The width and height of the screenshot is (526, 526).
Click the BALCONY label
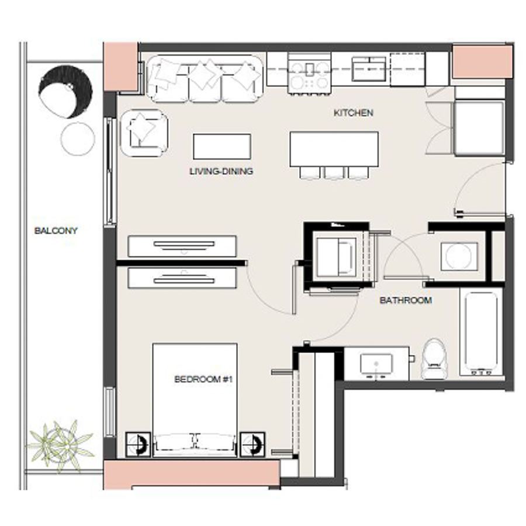pos(56,230)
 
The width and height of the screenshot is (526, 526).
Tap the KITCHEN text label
pos(353,113)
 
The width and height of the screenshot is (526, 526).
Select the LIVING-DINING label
pos(221,172)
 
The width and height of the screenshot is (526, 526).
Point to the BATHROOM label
pos(406,300)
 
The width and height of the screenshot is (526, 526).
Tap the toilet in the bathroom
pos(433,359)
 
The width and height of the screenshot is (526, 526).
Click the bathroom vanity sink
pos(376,364)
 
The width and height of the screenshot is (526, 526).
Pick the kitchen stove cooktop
pos(310,74)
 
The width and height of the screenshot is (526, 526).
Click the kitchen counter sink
pos(368,69)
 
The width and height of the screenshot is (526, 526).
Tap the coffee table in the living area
pos(222,146)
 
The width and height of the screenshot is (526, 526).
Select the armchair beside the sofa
pos(143,134)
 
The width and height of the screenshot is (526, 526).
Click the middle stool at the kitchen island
pos(334,173)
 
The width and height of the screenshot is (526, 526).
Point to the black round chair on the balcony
pos(65,91)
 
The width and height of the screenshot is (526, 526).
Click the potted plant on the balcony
pos(60,444)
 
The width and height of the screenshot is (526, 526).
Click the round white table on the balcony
pos(78,139)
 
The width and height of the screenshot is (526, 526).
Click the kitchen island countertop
pos(334,149)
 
